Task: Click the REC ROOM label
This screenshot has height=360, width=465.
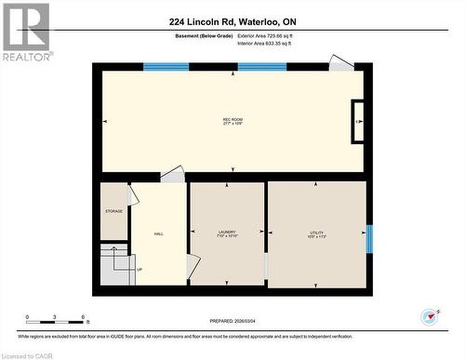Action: point(232,122)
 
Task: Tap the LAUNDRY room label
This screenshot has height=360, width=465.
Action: point(227,233)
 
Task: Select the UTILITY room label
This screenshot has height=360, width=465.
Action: point(316,233)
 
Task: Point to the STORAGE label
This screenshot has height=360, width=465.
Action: point(113,211)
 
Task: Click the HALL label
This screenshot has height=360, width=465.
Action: point(159,233)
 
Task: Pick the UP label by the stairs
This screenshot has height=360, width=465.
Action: point(139,270)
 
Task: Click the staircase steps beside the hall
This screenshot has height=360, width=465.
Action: point(115,265)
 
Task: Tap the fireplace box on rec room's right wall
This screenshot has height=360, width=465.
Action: point(357,121)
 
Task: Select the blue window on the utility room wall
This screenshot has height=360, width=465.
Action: point(369,239)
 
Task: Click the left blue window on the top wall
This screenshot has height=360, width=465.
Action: point(166,67)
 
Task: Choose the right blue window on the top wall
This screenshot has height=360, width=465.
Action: point(262,67)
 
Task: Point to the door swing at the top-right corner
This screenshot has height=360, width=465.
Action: point(341,63)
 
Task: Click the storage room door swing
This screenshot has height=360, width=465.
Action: point(133,195)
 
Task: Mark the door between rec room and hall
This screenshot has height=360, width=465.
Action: point(173,175)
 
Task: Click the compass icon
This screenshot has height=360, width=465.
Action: point(430,316)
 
